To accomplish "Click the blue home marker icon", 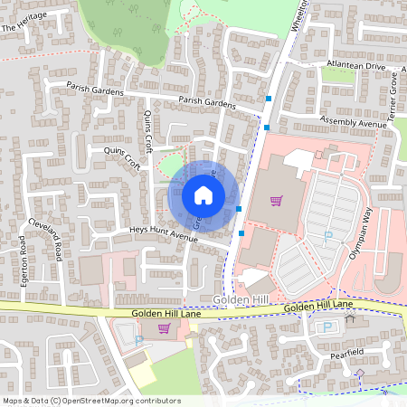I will (203, 195).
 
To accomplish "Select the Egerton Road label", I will (23, 260).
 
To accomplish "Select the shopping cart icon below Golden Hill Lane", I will (164, 328).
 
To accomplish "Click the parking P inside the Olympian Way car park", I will (328, 235).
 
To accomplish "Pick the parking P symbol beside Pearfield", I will (326, 327).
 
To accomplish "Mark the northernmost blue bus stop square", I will (269, 98).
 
